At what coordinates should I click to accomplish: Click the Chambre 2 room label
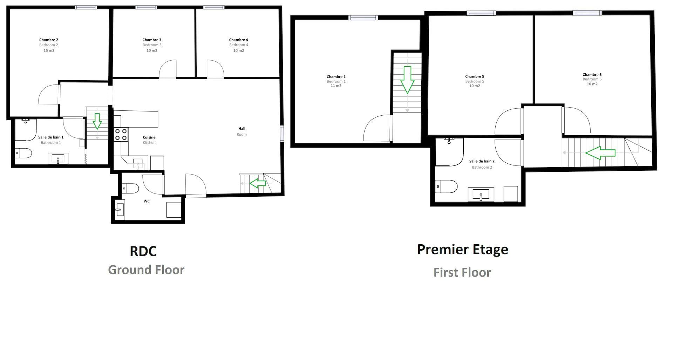49,40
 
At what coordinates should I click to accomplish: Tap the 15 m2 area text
49,50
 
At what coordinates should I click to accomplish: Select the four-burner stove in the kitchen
121,135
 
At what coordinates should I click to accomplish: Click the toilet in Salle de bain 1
23,153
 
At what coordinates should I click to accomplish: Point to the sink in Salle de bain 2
481,195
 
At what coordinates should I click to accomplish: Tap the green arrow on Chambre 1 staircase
407,80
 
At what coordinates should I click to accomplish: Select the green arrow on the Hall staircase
258,183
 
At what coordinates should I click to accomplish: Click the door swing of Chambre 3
168,69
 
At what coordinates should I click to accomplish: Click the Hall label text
242,129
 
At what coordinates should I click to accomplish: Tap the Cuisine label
149,137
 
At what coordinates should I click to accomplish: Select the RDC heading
143,251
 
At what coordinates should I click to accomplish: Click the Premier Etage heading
463,249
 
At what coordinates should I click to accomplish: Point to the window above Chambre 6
587,13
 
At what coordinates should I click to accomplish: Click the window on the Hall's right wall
282,134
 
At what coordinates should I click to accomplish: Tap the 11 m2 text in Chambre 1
336,86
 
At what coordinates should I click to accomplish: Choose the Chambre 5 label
475,76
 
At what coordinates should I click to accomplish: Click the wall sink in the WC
120,210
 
